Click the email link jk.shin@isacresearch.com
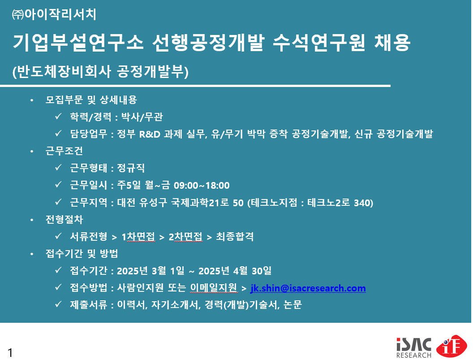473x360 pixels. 308,288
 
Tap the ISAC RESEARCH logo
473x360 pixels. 414,347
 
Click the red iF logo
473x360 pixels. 452,346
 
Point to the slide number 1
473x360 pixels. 10,353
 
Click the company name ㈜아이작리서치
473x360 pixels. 54,14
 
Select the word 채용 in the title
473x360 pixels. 392,42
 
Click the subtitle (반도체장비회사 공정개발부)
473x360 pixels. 100,72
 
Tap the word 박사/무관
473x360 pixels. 142,117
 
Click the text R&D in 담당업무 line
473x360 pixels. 150,134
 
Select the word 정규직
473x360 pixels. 131,168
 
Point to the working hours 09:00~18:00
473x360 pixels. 202,185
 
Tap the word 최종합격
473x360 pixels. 235,236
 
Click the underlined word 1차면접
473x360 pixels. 138,236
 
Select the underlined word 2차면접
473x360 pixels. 185,236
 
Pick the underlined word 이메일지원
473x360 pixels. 214,288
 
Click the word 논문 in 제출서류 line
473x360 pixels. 292,305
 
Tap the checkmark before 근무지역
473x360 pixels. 58,201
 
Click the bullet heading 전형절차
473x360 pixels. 64,220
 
